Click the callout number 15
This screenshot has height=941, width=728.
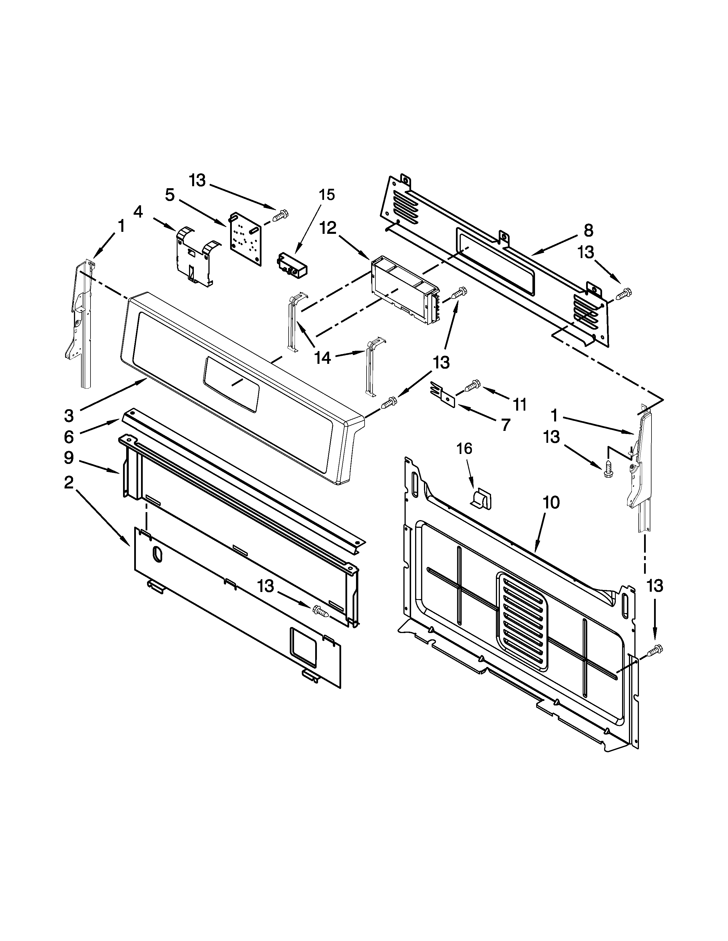tap(327, 195)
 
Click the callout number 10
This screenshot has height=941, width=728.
tap(551, 502)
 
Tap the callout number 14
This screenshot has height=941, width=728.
tap(323, 357)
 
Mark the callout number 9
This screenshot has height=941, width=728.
tap(69, 458)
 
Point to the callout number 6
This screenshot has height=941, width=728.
tap(69, 437)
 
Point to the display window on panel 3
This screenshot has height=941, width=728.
tap(232, 383)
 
